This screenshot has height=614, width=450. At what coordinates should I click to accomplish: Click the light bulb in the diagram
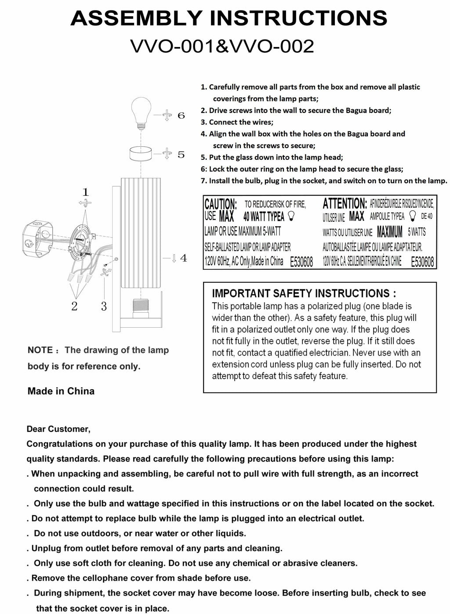pos(141,112)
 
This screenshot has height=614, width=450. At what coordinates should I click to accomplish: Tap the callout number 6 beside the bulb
pos(181,116)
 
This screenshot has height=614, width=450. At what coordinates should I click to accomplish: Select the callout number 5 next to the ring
pos(181,155)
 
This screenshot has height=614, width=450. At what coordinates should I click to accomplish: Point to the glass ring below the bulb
pos(141,155)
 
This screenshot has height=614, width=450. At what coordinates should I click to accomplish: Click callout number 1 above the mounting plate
pos(86,192)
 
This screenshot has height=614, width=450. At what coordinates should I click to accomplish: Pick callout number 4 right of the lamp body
pos(183,258)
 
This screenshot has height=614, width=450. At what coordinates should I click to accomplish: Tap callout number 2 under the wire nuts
pos(74,306)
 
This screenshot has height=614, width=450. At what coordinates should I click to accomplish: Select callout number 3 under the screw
pos(104,306)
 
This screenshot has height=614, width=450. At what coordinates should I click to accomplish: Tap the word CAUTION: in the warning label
pos(221,204)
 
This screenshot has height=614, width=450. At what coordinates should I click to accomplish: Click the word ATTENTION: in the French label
pos(345,204)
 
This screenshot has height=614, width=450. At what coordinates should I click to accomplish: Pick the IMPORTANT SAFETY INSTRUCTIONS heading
pos(304,293)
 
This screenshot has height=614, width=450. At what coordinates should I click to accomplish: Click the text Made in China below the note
pos(61,391)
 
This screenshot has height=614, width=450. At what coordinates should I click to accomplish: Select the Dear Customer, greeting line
pos(58,429)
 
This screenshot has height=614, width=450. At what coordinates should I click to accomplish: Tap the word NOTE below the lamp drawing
pos(40,350)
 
